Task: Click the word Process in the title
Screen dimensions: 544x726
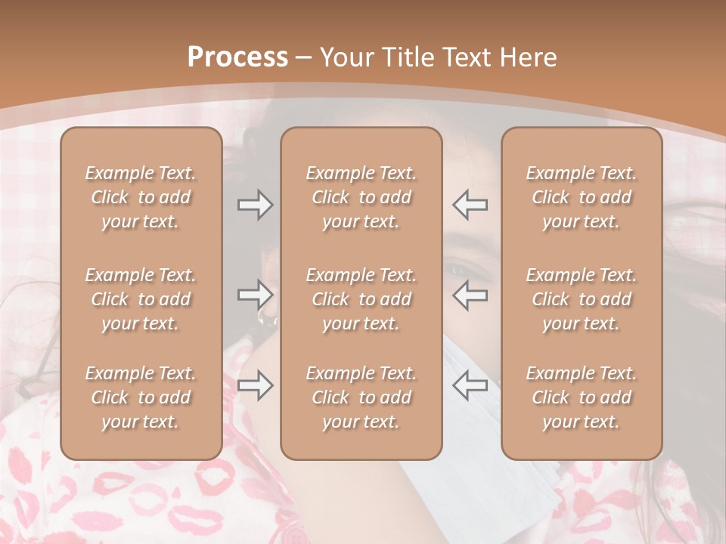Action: [237, 57]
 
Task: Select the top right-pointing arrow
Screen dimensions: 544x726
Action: [256, 205]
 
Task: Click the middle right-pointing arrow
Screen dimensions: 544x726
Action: [256, 294]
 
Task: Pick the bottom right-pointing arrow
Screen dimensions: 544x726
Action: [256, 385]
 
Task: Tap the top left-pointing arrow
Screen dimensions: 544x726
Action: [470, 205]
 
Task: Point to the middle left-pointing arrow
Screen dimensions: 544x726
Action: [470, 294]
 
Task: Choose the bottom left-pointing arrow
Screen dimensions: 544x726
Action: [470, 385]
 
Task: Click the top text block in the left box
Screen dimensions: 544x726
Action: [141, 197]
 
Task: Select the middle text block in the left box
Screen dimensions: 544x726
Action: [141, 299]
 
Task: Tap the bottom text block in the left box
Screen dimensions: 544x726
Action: [141, 397]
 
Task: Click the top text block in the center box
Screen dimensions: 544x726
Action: [361, 197]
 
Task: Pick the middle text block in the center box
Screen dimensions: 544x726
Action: [361, 299]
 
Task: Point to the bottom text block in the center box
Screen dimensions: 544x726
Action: [361, 397]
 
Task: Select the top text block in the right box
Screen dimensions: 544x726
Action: [582, 197]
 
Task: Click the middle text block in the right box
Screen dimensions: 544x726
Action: [582, 299]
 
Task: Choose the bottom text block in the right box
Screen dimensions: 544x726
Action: [582, 397]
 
